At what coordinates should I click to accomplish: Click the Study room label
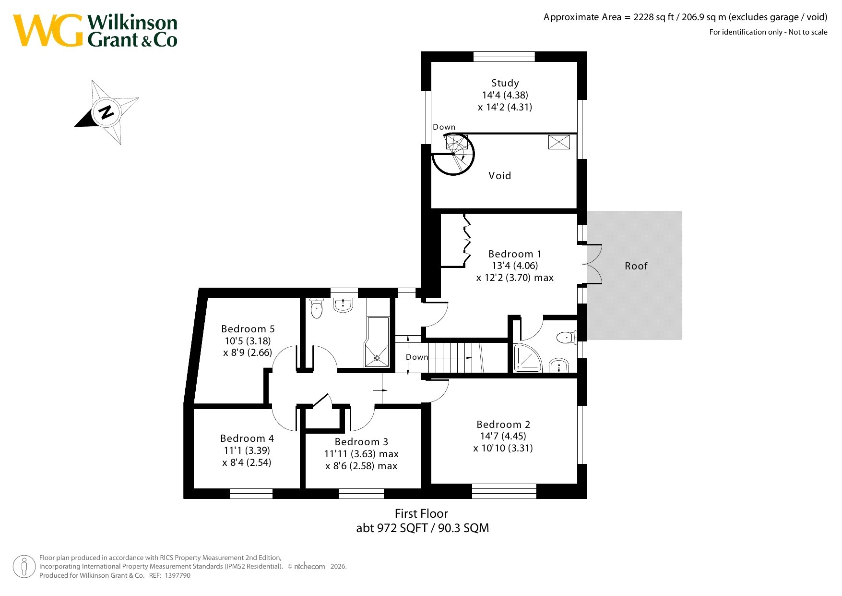(505, 83)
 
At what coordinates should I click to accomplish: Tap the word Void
(499, 176)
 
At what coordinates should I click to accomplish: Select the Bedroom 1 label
(514, 254)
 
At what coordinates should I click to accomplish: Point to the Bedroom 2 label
(503, 425)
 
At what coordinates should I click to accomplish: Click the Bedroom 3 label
(361, 442)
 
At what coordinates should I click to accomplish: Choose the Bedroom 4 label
(247, 438)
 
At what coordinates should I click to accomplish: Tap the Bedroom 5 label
(248, 329)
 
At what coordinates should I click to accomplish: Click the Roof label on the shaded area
(636, 266)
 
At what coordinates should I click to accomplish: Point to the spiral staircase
(453, 154)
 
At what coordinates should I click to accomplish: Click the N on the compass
(106, 112)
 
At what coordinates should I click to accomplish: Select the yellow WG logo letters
(48, 30)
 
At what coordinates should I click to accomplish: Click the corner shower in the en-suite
(527, 357)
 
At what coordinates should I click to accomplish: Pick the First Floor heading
(421, 514)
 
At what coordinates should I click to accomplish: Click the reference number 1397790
(178, 575)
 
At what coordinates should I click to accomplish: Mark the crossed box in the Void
(559, 142)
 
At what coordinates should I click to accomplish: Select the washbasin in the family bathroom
(343, 304)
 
